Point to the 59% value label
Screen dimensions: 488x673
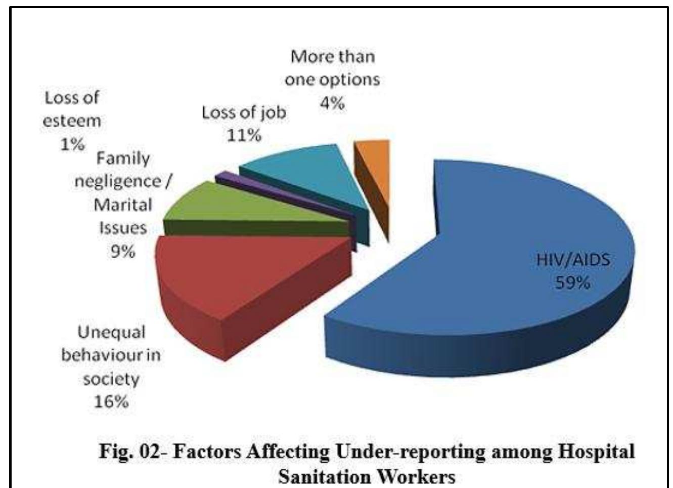coord(572,282)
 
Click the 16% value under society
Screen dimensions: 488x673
coord(111,401)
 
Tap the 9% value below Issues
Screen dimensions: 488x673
coord(123,251)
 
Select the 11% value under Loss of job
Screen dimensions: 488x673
coord(244,135)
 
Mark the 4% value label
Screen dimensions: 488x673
coord(332,103)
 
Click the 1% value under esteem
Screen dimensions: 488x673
coord(72,144)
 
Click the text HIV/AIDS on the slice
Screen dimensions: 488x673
coord(572,260)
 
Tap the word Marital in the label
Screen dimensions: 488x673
coord(123,205)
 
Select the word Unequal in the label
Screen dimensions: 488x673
coord(111,332)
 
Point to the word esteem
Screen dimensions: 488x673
coord(72,121)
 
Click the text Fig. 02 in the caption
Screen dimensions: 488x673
coord(129,451)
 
